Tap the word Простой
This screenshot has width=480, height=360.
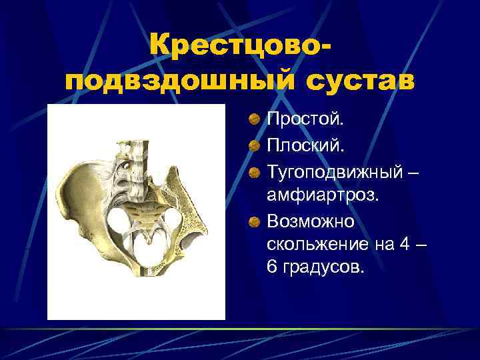click(306, 119)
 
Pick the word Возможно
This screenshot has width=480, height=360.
click(311, 221)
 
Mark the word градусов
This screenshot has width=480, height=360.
click(326, 268)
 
